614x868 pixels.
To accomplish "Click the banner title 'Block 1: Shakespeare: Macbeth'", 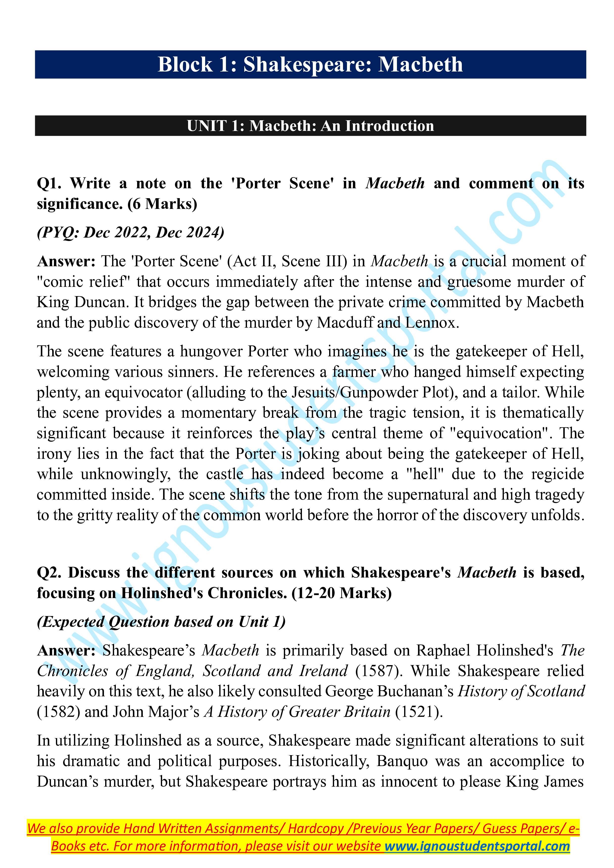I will (x=310, y=64).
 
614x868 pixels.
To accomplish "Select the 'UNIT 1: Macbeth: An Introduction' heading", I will (x=310, y=126).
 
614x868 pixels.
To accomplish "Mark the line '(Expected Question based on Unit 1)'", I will (x=161, y=622).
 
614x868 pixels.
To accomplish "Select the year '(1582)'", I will (x=59, y=712).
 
